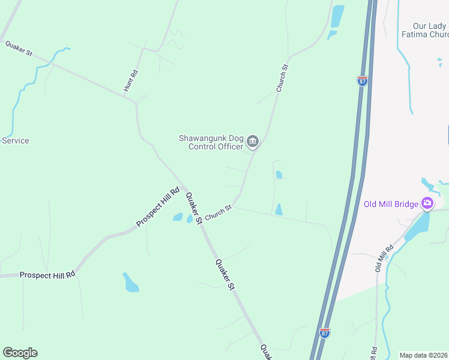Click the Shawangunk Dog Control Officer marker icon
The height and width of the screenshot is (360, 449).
coord(253,142)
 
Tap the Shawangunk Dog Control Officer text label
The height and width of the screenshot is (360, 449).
coord(211,142)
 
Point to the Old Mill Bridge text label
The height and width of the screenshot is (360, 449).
coord(391,204)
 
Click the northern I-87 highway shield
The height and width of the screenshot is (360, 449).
coord(362,81)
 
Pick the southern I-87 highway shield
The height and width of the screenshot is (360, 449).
coord(324,333)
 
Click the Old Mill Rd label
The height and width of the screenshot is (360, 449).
coord(384,257)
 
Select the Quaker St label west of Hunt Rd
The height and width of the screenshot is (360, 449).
coord(19,48)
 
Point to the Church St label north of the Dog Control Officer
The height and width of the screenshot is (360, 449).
coord(282,78)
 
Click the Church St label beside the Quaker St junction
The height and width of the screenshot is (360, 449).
coord(218,213)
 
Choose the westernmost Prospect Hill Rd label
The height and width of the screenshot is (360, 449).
coord(47,275)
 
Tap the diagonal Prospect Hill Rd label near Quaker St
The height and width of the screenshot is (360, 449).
coord(158,208)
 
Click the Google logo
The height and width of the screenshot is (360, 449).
coord(20,353)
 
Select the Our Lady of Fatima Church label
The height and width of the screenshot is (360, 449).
coord(430,30)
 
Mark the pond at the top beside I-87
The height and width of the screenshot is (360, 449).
coord(337,17)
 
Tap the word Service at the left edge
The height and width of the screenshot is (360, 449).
coord(16,141)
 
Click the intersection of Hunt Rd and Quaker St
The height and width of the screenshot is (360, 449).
coord(136,102)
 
